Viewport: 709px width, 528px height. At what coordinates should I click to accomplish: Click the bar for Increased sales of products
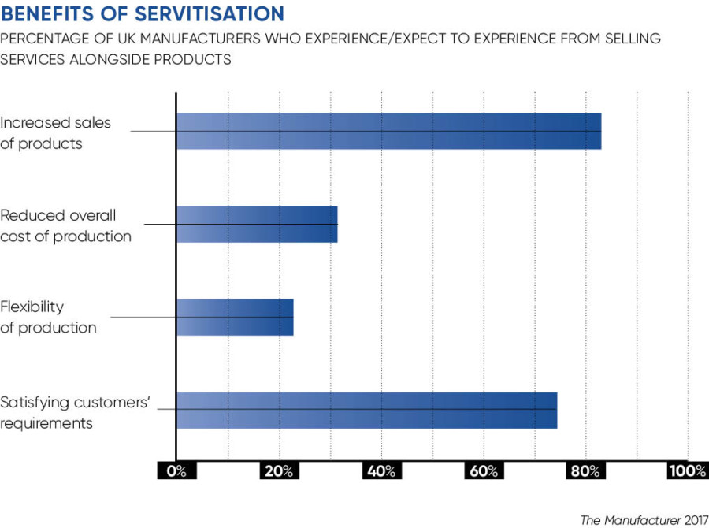(x=388, y=131)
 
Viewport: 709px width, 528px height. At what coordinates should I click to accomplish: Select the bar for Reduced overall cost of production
(x=257, y=224)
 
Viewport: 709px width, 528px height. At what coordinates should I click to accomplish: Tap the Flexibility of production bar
(x=235, y=317)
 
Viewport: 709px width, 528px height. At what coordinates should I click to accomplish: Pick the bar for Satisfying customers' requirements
(x=366, y=410)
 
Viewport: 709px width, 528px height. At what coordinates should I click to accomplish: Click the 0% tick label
(x=176, y=471)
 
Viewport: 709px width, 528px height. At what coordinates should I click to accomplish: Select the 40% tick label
(x=381, y=471)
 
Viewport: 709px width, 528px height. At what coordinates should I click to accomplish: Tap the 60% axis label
(x=484, y=471)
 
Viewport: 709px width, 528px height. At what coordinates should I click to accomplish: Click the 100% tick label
(x=687, y=471)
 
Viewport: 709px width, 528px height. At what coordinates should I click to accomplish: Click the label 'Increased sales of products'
(x=55, y=133)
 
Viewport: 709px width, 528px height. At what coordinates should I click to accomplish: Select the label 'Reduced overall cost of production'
(x=65, y=225)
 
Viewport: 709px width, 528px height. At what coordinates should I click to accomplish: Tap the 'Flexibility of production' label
(x=48, y=317)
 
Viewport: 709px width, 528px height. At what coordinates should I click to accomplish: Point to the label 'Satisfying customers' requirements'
(x=75, y=412)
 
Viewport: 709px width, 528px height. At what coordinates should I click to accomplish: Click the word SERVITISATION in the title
(x=206, y=14)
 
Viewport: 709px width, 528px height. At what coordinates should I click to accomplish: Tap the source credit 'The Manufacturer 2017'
(x=643, y=519)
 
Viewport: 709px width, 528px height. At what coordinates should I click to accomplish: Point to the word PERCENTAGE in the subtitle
(x=48, y=39)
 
